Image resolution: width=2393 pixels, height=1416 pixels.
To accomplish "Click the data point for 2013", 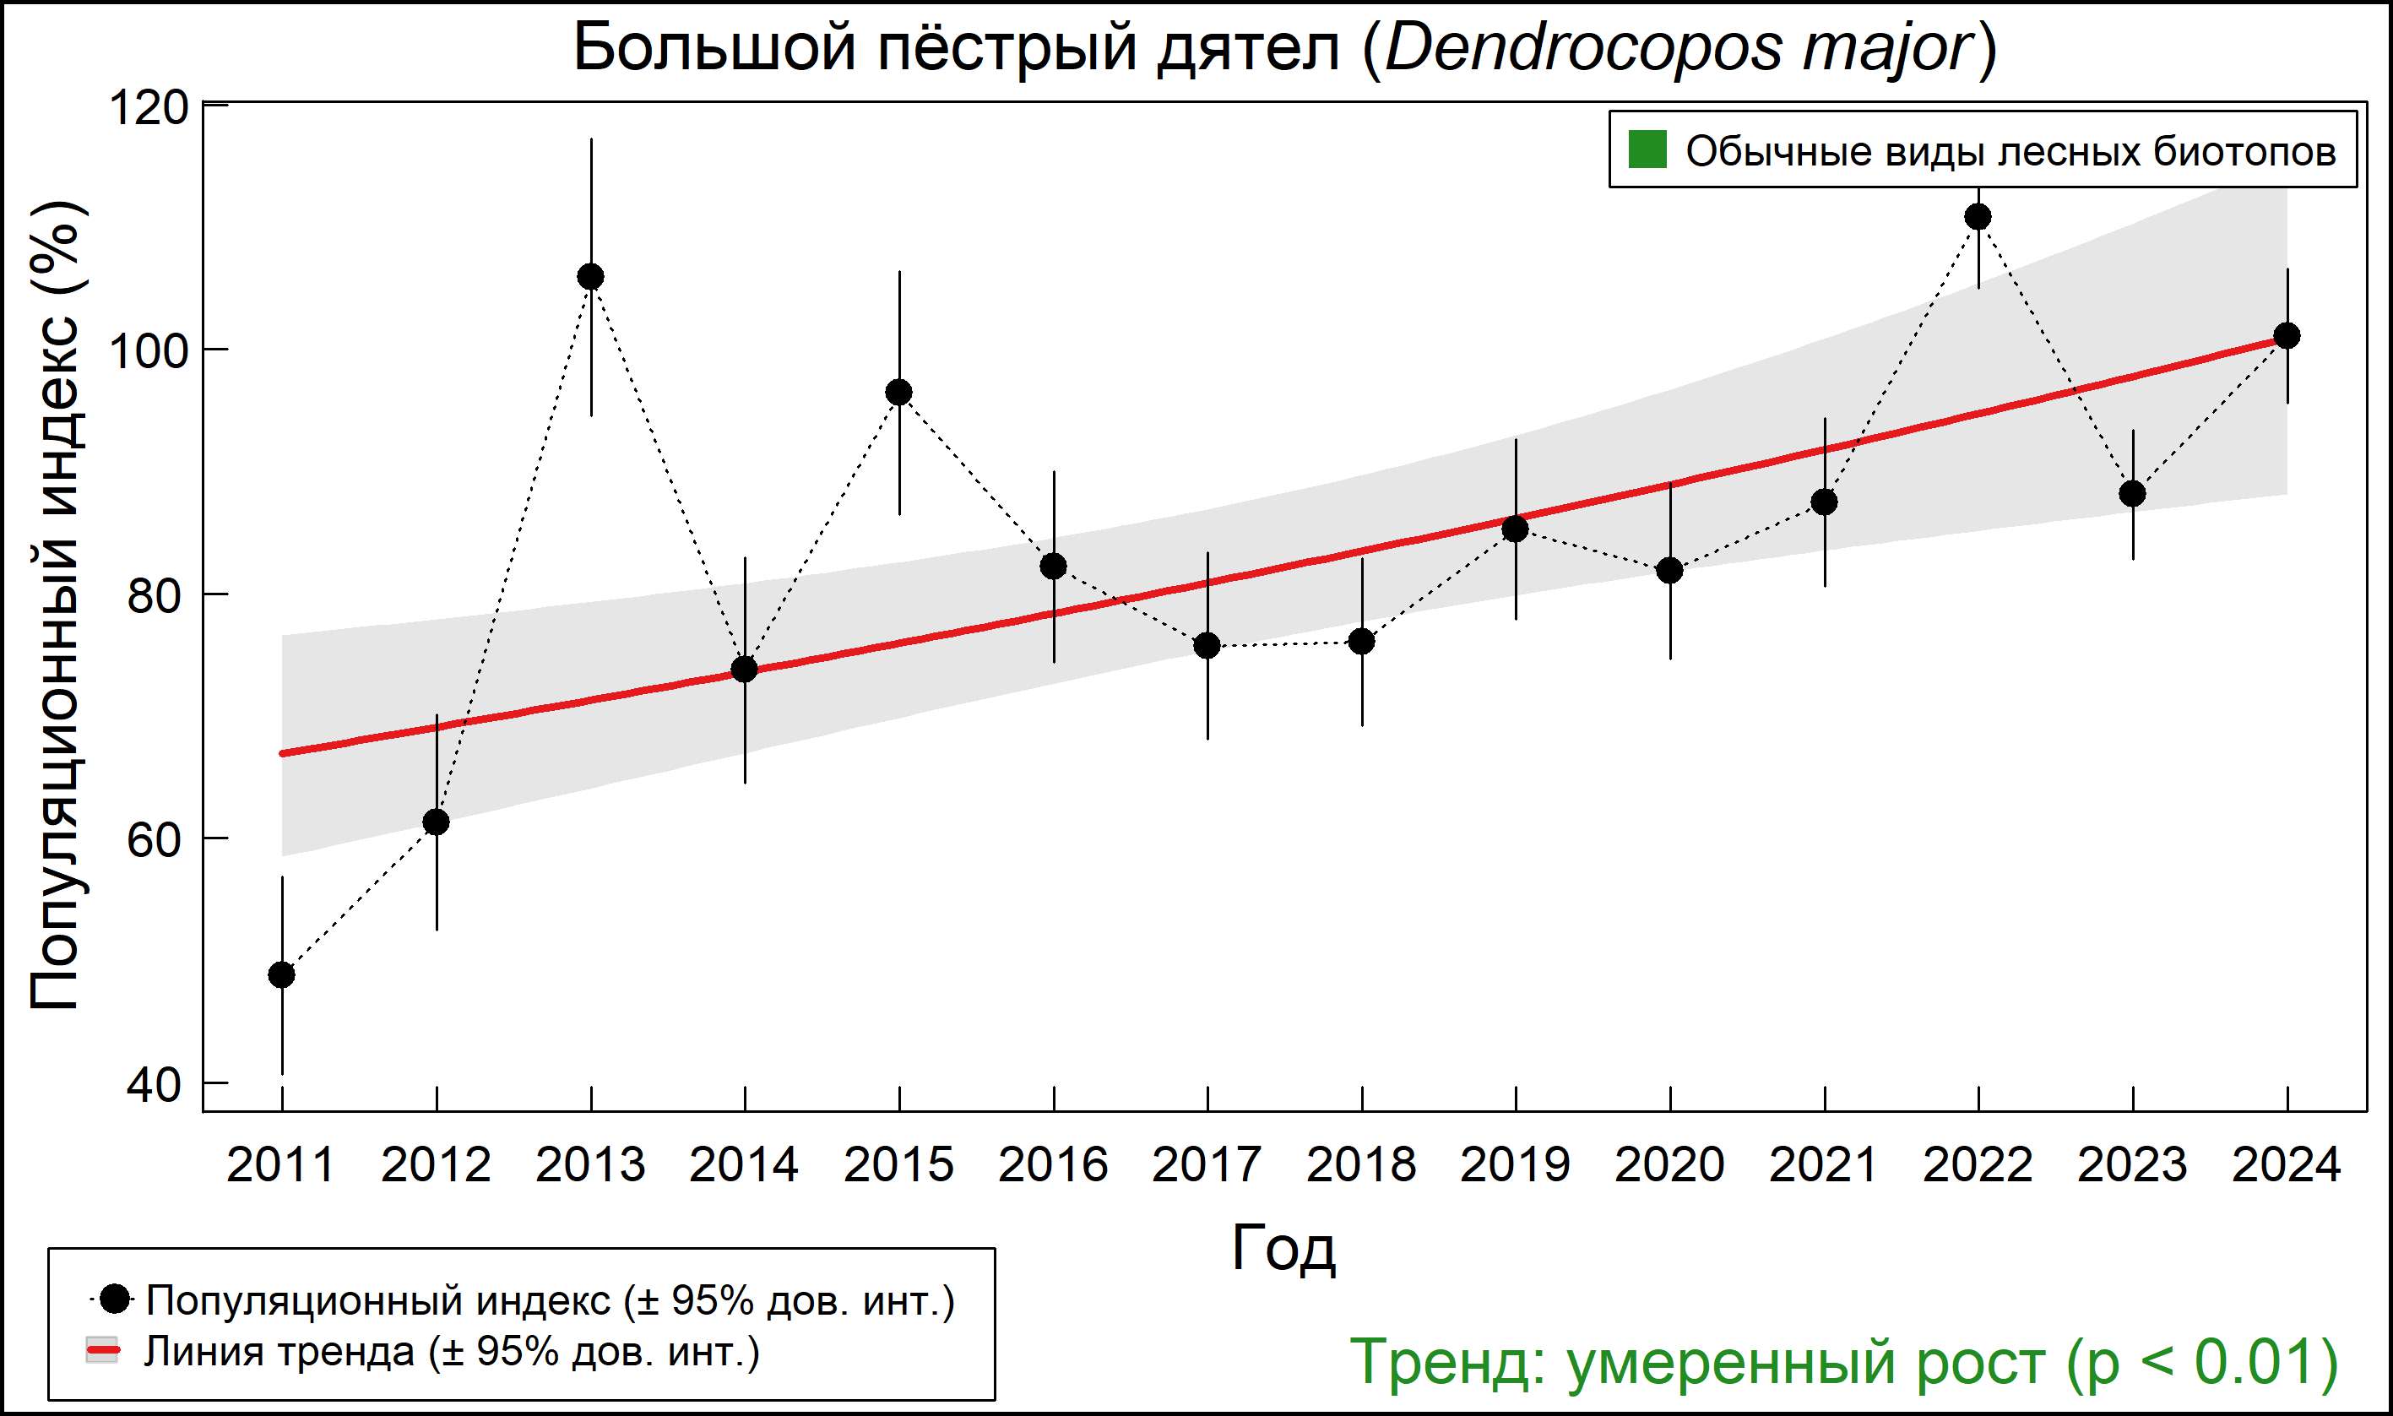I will click(x=590, y=277).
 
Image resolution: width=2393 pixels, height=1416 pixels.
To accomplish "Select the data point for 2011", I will click(x=281, y=975).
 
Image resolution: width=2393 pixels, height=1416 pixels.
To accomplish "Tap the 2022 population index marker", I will click(x=1978, y=218).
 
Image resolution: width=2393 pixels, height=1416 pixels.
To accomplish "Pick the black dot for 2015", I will click(x=898, y=392).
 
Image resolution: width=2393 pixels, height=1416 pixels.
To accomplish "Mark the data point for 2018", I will click(x=1361, y=641).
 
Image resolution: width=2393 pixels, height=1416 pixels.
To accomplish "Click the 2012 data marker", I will click(x=436, y=822).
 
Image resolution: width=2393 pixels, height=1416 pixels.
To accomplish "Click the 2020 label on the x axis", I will click(x=1669, y=1165).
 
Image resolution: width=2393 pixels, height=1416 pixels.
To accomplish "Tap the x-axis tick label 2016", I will click(x=1054, y=1165).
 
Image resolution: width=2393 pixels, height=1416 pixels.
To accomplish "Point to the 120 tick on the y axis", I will click(x=149, y=107).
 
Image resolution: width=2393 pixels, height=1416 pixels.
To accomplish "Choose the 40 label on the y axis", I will click(x=154, y=1085).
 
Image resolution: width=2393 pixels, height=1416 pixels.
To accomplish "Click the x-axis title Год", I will click(x=1283, y=1247).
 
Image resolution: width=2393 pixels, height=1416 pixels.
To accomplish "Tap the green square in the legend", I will click(x=1647, y=149).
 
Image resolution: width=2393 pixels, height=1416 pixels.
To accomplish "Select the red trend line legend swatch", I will click(x=102, y=1350).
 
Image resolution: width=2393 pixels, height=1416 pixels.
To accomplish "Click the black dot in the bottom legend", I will click(x=115, y=1299).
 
